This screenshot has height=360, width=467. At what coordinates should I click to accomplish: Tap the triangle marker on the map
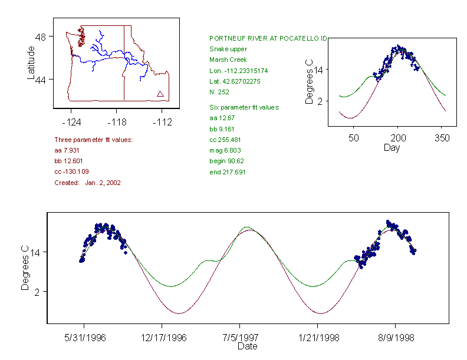160,94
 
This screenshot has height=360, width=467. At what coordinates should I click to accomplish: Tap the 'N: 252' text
219,92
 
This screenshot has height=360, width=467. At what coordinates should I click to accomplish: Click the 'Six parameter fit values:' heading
244,107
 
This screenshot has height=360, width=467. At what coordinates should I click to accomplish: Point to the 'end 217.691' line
228,172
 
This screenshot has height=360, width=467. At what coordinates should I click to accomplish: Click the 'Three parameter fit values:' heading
93,140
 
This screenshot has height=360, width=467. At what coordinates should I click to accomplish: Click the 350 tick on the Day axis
442,138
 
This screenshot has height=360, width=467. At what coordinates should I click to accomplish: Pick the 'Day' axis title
392,147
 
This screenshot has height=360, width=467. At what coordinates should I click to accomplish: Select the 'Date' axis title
247,346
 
